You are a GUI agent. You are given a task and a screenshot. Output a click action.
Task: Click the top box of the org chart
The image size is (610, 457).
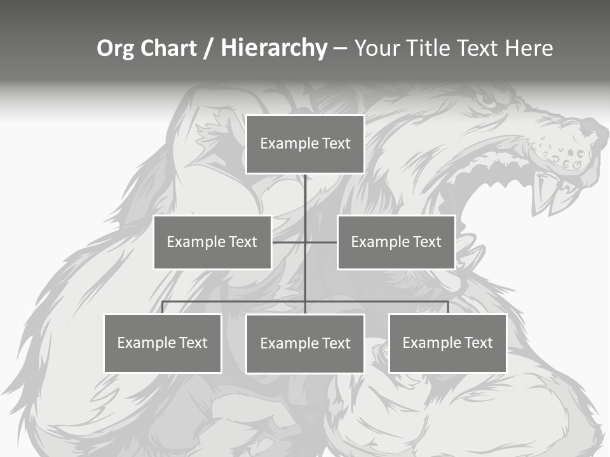(x=305, y=144)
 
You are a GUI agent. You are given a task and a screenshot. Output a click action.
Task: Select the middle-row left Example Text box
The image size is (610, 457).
(x=212, y=242)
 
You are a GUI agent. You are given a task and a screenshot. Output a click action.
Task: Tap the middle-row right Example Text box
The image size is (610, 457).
(x=396, y=242)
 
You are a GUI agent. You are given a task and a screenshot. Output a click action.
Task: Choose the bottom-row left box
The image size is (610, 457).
(x=163, y=343)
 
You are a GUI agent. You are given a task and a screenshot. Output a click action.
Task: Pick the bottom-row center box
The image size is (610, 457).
(x=305, y=343)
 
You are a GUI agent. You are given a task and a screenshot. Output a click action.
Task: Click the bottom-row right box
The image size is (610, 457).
(x=447, y=343)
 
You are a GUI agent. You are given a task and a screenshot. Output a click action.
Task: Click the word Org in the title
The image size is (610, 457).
(x=116, y=48)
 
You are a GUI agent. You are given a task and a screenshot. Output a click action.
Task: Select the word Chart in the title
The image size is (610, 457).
(x=168, y=48)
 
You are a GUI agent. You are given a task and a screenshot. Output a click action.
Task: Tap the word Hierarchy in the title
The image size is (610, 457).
(x=273, y=48)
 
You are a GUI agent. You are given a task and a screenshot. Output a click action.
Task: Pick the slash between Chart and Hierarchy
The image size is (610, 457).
(x=208, y=48)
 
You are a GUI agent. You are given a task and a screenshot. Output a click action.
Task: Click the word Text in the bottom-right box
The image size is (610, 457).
(x=478, y=343)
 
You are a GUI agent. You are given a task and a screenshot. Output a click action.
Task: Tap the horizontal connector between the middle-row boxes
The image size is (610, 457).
(x=305, y=242)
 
